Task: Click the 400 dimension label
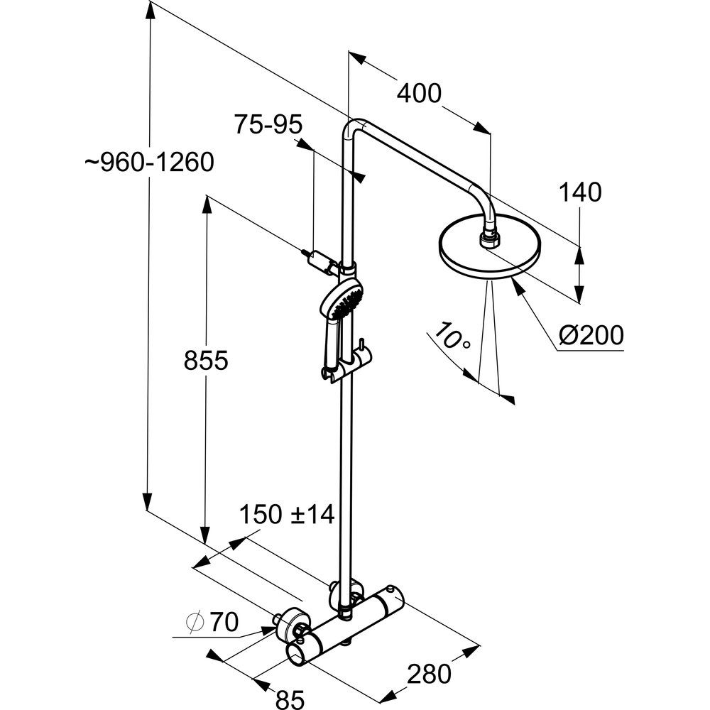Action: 419,93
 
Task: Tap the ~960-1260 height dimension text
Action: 148,163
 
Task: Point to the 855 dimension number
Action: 205,361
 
